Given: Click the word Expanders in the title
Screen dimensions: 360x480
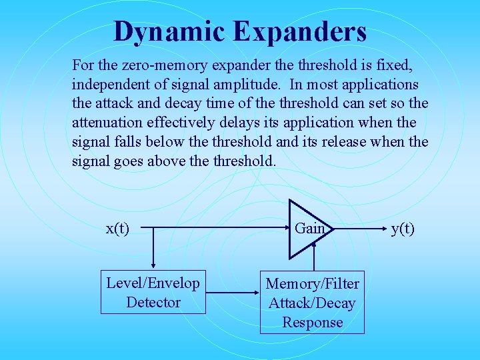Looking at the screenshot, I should tap(305, 31).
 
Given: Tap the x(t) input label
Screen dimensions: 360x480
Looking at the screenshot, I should tap(118, 229).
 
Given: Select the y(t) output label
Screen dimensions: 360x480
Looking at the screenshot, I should tap(403, 229).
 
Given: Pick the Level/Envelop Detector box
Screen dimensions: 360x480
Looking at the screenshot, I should tap(153, 293).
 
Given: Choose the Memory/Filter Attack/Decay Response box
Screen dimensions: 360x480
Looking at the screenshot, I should tap(312, 303).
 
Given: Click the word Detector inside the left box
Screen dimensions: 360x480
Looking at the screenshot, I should tap(153, 302).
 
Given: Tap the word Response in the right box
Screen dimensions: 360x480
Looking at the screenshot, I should tap(312, 323).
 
